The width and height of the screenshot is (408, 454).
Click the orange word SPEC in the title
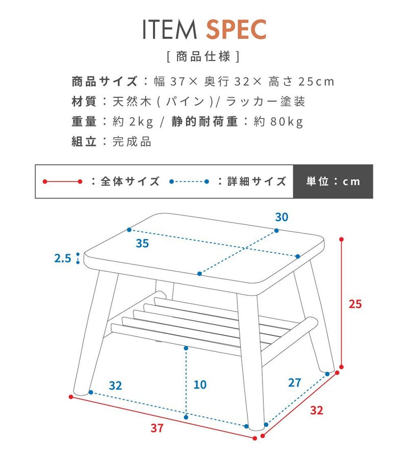coord(236,29)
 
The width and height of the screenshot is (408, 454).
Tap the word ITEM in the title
coord(169,29)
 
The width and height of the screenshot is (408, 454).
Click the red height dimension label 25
coord(355,304)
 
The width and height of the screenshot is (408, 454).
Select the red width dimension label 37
coord(157,428)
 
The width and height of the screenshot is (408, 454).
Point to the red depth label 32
coord(316,410)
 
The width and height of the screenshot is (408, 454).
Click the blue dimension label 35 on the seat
coord(142,244)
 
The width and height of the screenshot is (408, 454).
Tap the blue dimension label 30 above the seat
coord(282,217)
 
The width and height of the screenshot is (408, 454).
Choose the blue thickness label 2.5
coord(63,258)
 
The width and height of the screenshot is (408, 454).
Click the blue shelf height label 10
coord(200,385)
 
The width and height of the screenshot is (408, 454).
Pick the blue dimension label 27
coord(295,383)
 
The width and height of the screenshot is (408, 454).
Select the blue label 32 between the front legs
coord(115,386)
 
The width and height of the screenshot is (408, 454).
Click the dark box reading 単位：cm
coord(333,181)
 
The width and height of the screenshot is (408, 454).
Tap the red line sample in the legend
coord(62,181)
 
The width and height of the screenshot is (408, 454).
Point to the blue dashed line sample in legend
coord(189,181)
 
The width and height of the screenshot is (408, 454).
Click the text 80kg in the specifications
coord(287,122)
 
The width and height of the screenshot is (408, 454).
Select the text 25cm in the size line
coord(316,82)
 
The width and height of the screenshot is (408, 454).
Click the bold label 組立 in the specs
coord(84,141)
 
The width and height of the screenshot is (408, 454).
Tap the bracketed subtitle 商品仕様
coord(203,57)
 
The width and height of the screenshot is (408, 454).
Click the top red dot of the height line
coord(342,240)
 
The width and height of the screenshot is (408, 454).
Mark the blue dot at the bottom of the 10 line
coord(186,417)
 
